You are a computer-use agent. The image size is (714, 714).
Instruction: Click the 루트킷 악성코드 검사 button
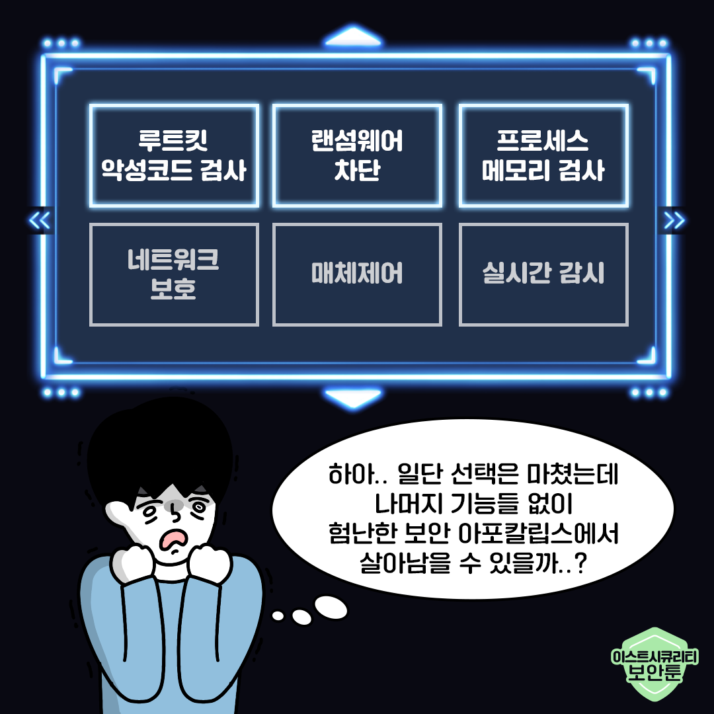point(174,156)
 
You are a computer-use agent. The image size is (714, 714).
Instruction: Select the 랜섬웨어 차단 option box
point(357,156)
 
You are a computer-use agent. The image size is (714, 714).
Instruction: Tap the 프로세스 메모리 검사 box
point(543,156)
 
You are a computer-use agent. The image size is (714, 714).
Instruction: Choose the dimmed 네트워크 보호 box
point(174,274)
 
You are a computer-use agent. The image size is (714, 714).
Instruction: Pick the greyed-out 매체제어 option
point(357,274)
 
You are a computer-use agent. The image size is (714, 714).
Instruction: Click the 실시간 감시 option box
point(543,274)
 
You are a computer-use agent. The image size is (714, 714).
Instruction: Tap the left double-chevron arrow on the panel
point(40,220)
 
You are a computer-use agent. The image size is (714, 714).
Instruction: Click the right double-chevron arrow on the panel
point(674,220)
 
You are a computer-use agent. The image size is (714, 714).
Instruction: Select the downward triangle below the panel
point(353,399)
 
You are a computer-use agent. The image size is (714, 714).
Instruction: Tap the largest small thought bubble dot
point(330,605)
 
